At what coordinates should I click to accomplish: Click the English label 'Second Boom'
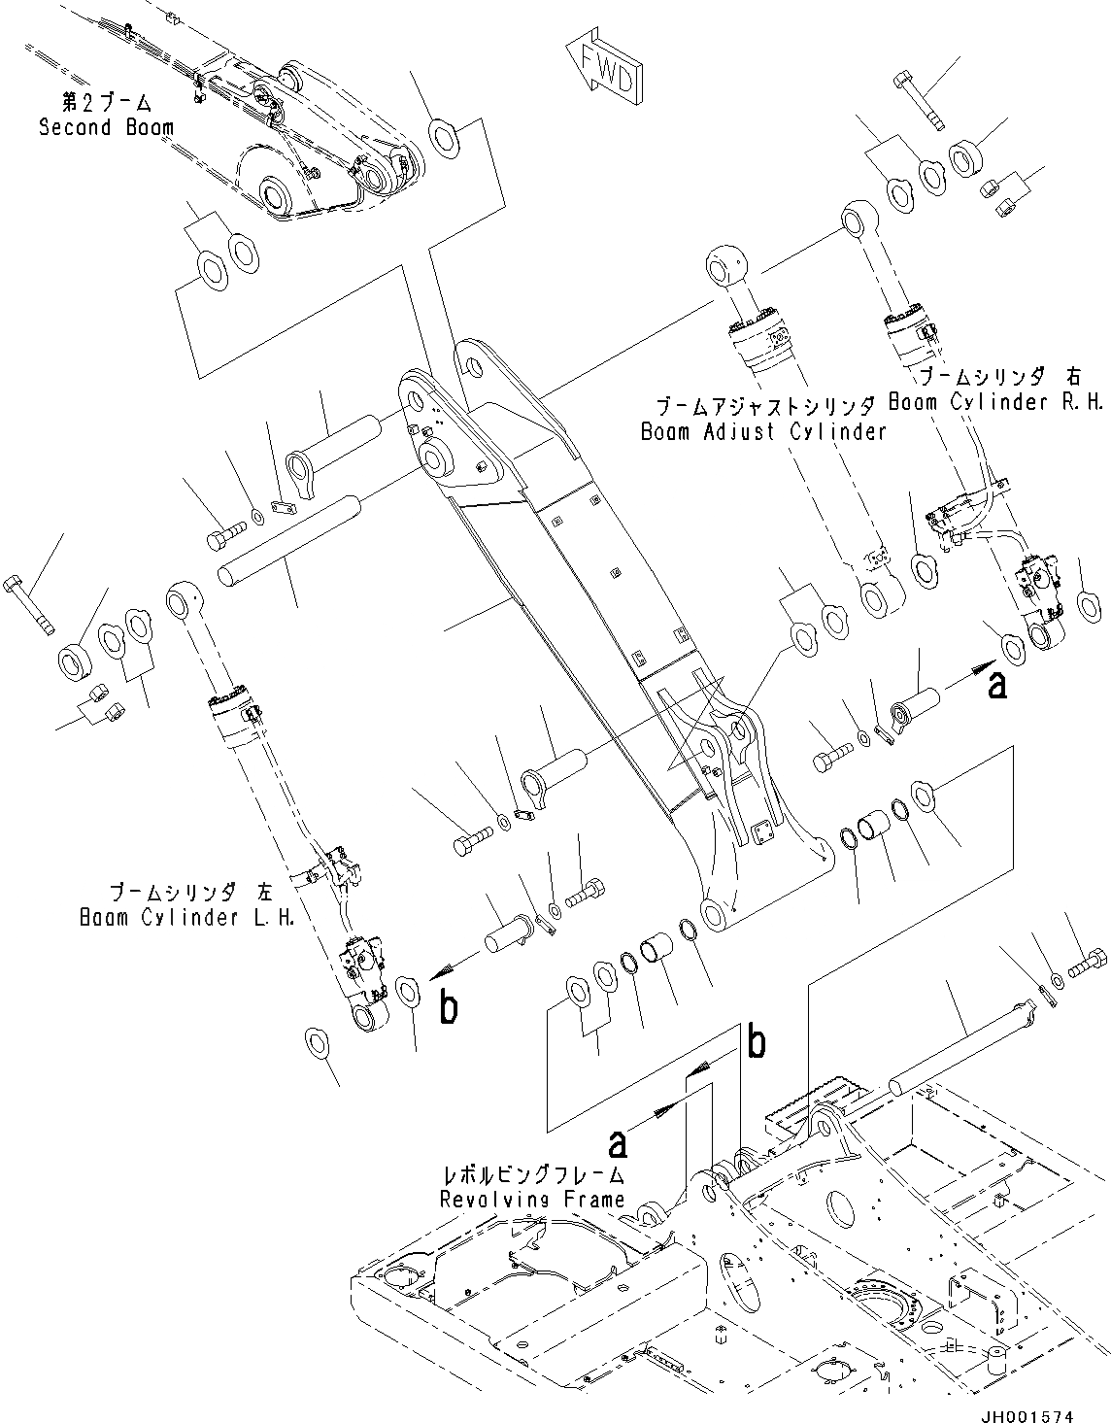click(x=107, y=127)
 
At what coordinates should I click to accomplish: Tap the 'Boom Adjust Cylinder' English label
click(x=763, y=431)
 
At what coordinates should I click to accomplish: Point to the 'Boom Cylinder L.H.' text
click(x=187, y=917)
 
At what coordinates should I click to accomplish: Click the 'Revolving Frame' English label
click(x=532, y=1199)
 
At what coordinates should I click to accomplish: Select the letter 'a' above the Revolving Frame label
click(x=617, y=1143)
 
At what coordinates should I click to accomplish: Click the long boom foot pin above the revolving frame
click(x=957, y=1042)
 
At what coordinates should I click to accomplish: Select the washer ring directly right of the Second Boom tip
click(x=445, y=138)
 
